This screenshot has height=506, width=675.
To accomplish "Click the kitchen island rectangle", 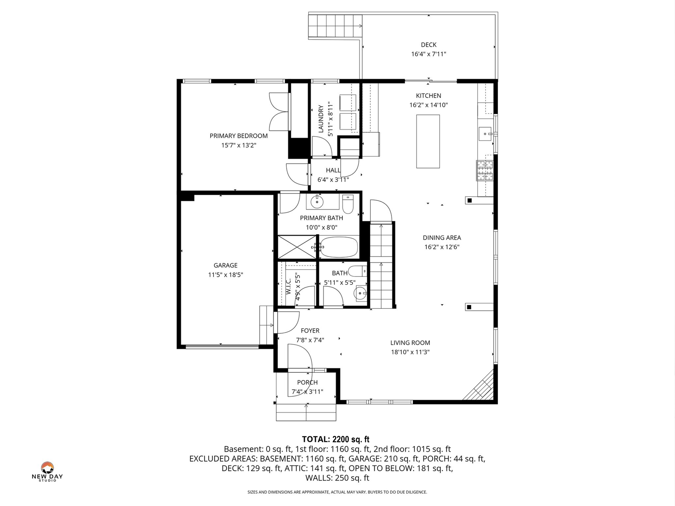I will tap(428, 142).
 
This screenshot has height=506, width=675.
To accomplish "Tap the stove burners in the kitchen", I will tap(484, 170).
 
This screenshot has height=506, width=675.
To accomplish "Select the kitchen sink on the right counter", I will tap(485, 134).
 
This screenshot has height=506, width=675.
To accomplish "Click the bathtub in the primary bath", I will tap(339, 247).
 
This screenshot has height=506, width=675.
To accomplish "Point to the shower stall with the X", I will tap(297, 247).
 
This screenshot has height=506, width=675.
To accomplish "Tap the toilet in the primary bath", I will tap(348, 205).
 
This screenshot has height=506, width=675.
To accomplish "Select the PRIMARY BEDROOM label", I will tap(239, 136).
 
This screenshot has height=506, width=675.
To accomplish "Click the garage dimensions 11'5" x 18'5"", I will tap(225, 275).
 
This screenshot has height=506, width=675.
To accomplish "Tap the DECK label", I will tap(428, 45).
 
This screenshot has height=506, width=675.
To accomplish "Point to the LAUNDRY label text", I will tap(321, 119).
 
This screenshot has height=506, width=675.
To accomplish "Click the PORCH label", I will tap(307, 382).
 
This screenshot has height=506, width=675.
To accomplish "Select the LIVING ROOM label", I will tap(410, 343).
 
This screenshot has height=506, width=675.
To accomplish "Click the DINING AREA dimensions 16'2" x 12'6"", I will tap(442, 247).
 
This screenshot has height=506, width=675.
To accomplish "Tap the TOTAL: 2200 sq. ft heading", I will tap(336, 439).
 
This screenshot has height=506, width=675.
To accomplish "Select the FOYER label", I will tap(310, 331).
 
